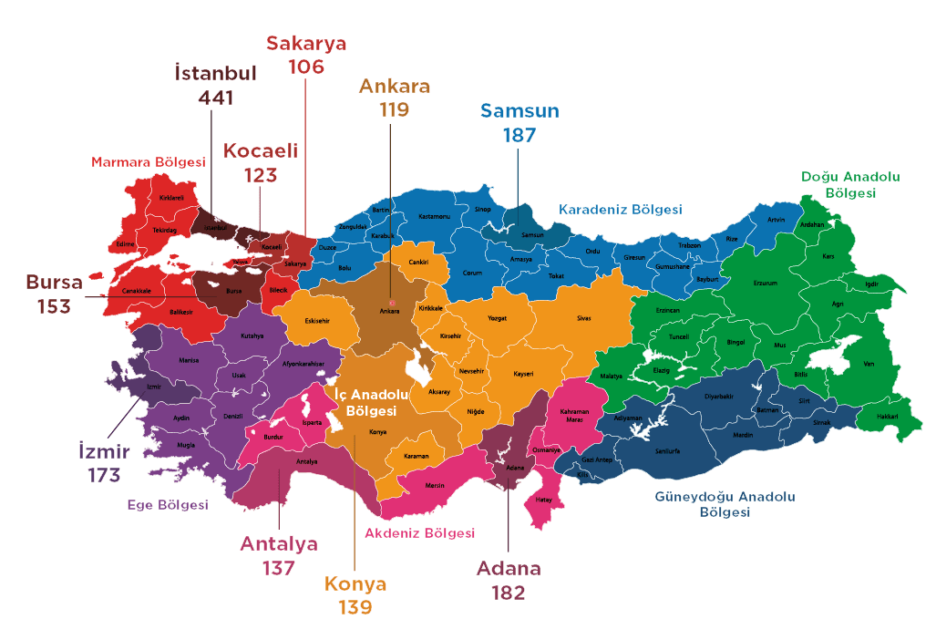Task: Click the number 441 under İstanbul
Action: click(215, 98)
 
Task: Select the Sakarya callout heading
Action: click(306, 43)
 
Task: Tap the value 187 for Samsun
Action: click(519, 135)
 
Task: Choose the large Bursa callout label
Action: click(54, 282)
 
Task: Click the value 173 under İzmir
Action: click(104, 475)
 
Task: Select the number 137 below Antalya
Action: click(279, 568)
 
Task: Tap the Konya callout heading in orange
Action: click(355, 584)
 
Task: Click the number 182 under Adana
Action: click(509, 593)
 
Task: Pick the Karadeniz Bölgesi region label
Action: click(620, 210)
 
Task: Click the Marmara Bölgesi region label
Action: click(149, 162)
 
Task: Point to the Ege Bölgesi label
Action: click(168, 505)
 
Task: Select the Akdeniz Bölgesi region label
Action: click(419, 532)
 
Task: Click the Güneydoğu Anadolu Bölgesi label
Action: click(725, 504)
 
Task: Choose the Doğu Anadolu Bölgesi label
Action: click(850, 185)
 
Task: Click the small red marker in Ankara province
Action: click(393, 302)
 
